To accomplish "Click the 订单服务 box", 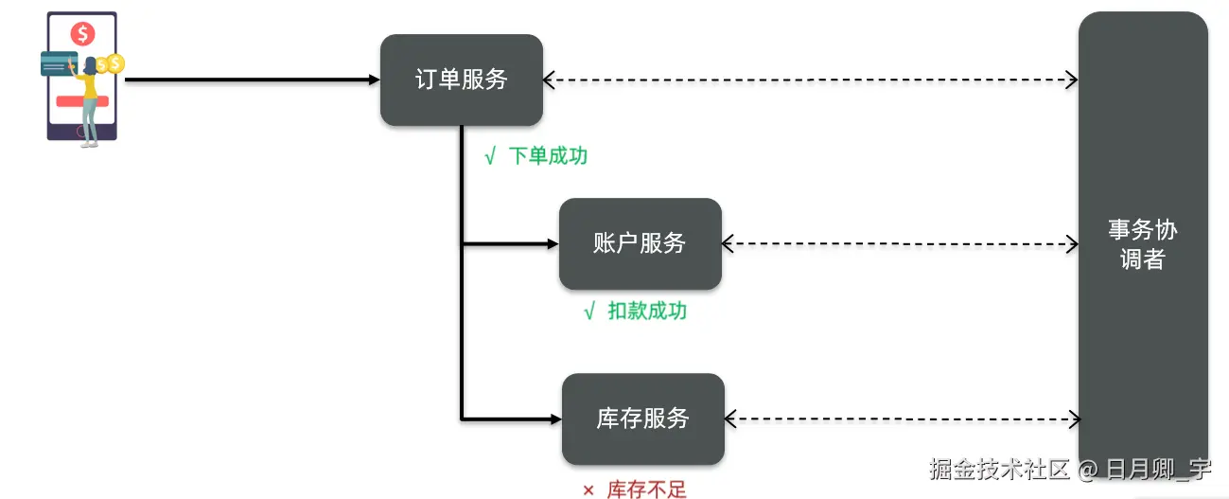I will (x=462, y=80).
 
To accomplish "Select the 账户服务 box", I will (x=640, y=243).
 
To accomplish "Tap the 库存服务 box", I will (x=642, y=419).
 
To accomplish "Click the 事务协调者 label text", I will (x=1142, y=244).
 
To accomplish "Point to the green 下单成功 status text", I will (x=548, y=156).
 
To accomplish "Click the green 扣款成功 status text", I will (x=647, y=311).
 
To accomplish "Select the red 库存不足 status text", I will (x=646, y=490).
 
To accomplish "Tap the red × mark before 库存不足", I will (x=588, y=490).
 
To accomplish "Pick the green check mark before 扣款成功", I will (x=589, y=312).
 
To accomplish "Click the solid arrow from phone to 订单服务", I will (x=252, y=80).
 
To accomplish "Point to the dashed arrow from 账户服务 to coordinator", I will (x=900, y=243).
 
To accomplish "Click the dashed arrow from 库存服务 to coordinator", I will (x=902, y=419).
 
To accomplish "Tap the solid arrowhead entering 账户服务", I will (x=553, y=243).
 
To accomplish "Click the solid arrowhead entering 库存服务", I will (x=555, y=419).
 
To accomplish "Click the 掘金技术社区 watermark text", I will (x=999, y=469).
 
